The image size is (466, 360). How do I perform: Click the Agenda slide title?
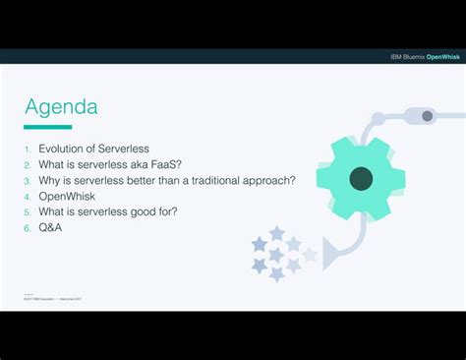point(61,106)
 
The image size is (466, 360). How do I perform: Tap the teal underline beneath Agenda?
point(48,127)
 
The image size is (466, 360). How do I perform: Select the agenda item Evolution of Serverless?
point(93,149)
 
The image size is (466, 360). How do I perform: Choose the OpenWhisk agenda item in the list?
point(66,196)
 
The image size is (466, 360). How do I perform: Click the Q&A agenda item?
point(50,227)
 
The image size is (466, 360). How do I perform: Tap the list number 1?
point(29,150)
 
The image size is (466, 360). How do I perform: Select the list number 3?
point(29,181)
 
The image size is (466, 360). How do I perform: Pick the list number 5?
point(29,212)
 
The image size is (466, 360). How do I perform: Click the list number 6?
point(29,228)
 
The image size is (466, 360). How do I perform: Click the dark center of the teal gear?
point(361,178)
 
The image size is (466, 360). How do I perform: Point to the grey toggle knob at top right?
point(427,116)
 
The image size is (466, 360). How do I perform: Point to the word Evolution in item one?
point(64,149)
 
